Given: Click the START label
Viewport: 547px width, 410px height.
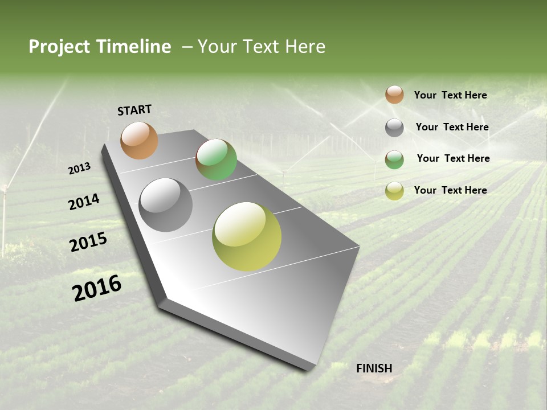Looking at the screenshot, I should (x=134, y=110).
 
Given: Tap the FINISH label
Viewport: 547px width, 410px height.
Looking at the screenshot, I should (x=374, y=368).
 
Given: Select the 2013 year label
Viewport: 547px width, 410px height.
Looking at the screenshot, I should (x=80, y=169).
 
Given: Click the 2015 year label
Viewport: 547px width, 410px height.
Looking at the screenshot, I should (x=88, y=242).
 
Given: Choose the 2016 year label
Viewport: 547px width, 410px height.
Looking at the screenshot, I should (x=97, y=288).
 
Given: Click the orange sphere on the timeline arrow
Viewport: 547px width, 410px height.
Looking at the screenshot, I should (x=139, y=140).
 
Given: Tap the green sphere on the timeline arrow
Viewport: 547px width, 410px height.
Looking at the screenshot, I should (x=216, y=159).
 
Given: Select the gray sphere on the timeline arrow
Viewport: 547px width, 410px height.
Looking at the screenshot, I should (x=166, y=205).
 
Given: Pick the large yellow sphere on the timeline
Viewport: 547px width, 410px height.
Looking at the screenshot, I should (x=247, y=236).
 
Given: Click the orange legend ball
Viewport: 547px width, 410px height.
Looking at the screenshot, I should (x=394, y=95).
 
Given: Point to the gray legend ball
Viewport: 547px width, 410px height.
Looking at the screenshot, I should (x=394, y=128).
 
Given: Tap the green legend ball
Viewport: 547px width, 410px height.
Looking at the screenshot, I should (x=394, y=159).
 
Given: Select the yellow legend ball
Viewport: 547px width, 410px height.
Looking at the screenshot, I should (x=394, y=191).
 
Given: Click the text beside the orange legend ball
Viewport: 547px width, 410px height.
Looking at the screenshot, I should (x=450, y=95).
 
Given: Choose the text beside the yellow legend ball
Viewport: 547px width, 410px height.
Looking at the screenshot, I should (x=450, y=190).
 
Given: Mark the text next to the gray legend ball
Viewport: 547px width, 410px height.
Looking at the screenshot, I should (x=452, y=127).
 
